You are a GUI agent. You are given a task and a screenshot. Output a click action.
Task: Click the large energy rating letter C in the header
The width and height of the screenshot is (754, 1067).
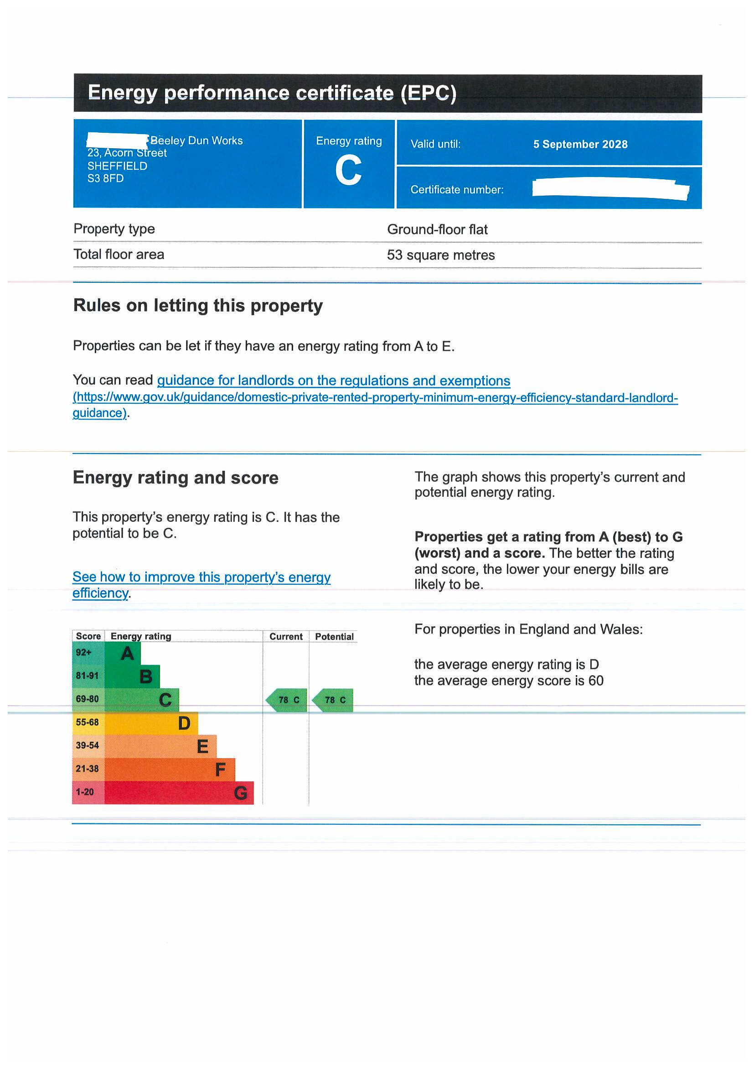tap(348, 171)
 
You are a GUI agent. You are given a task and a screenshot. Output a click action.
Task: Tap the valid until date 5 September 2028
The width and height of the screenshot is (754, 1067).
tap(580, 144)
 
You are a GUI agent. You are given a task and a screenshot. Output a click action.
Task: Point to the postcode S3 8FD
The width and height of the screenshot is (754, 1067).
tap(105, 178)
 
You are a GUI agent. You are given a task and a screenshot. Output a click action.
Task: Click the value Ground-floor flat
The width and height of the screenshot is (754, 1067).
tap(437, 229)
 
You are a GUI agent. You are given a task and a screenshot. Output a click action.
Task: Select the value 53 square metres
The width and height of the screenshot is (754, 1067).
tap(441, 255)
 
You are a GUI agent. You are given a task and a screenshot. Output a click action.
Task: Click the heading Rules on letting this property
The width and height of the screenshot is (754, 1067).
tap(198, 305)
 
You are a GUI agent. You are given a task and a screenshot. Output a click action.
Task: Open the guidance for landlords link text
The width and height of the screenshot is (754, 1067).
tap(333, 380)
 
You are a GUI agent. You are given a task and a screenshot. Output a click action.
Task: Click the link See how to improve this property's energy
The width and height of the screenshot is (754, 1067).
tap(201, 577)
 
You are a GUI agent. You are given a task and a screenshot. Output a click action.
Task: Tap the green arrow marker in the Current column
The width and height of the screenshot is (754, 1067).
tap(286, 700)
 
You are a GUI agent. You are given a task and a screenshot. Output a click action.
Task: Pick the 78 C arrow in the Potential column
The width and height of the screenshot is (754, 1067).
tap(333, 700)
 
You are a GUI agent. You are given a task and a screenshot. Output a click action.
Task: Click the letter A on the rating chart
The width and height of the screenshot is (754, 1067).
tap(127, 653)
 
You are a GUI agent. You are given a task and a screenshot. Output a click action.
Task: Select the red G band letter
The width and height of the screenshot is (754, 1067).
tap(241, 793)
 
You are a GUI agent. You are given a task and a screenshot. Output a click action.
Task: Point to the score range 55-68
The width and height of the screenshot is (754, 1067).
tap(87, 722)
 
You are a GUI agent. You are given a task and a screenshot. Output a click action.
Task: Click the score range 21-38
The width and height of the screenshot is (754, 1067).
tap(87, 769)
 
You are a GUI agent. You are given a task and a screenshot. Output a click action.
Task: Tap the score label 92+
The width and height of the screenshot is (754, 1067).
tap(83, 652)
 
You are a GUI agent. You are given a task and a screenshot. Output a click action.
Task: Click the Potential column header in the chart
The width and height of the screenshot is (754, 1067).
tap(334, 636)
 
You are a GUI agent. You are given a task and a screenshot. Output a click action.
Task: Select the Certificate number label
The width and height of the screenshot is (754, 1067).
tap(456, 190)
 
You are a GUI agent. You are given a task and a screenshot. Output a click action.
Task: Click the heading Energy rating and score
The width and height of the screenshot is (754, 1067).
tap(176, 478)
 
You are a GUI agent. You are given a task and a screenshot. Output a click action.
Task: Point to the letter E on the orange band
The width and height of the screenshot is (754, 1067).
tap(202, 746)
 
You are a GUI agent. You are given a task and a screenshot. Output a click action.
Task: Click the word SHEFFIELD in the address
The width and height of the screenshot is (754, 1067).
tap(117, 166)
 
